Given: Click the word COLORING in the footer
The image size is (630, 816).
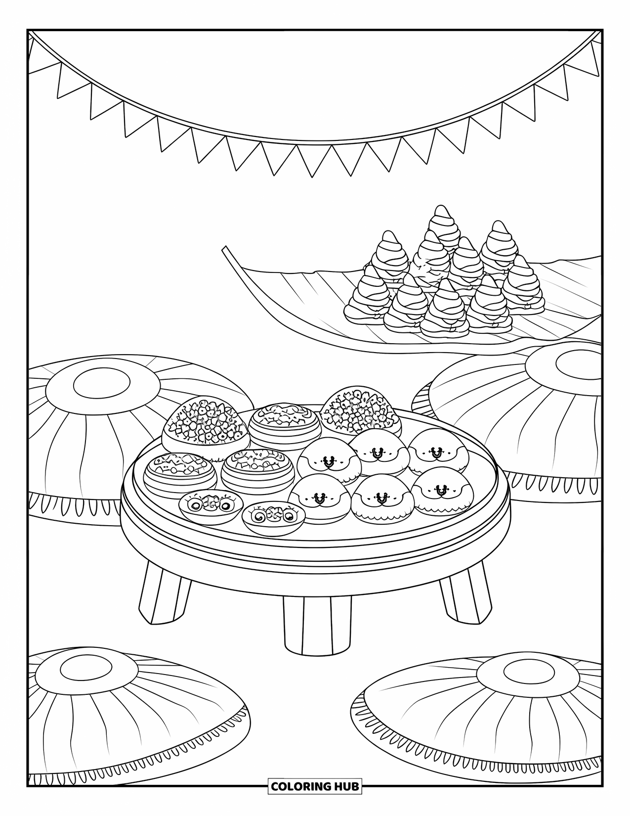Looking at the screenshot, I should (x=300, y=786).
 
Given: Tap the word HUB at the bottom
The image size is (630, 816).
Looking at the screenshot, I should (x=345, y=786).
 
